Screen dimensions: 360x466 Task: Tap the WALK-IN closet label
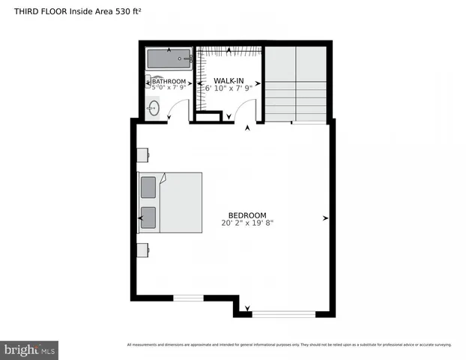tap(229, 80)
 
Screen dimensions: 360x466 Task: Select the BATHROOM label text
tap(168, 81)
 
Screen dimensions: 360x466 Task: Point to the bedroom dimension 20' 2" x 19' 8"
tap(247, 223)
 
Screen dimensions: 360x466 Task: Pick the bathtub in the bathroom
tap(169, 59)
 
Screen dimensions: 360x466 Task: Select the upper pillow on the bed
tap(148, 186)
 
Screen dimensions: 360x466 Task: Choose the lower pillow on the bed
tap(148, 217)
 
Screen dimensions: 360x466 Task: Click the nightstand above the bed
tap(142, 155)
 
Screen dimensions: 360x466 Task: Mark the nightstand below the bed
tap(142, 249)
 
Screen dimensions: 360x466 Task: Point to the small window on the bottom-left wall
tap(188, 298)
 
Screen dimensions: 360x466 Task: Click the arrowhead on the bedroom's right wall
tap(325, 218)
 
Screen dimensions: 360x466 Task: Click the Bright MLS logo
tap(29, 349)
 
